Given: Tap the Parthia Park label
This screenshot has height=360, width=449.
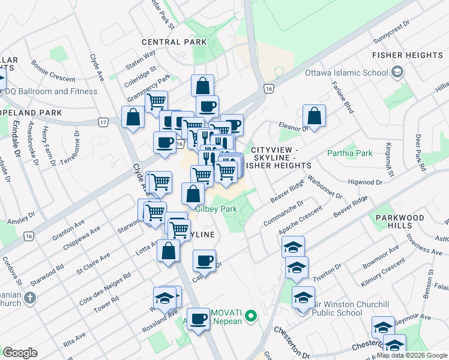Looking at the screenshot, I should coord(350,153).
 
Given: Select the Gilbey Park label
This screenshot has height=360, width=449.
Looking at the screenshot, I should coord(216,209).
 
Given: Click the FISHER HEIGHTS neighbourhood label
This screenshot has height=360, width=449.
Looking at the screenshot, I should coord(408,55).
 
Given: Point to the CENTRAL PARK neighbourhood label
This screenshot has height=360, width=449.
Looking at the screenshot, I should coord(174,42).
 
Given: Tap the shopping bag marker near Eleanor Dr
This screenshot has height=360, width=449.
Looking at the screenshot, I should coord(314,116).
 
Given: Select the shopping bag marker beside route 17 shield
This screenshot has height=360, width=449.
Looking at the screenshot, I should coord(133,116).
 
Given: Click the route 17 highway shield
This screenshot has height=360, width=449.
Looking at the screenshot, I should coord(104,122).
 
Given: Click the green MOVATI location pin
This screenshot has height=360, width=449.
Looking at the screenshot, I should coord(253,314).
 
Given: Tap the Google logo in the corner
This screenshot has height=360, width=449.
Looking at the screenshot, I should coord(20,353).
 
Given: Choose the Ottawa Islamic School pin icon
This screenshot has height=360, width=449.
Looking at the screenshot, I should coord(396,73).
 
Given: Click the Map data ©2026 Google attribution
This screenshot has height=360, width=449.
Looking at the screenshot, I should coord(412,355).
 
